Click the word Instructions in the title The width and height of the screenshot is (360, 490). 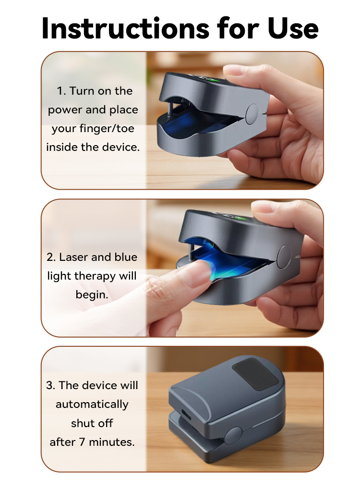coord(125,28)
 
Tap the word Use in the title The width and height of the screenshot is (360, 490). coord(293,28)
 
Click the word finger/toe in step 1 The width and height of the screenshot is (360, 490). coord(107,128)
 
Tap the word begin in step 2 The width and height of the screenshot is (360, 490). coord(92,295)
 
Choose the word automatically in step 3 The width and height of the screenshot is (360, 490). coord(92,404)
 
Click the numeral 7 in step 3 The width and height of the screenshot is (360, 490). coord(82,442)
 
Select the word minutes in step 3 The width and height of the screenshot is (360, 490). coord(112,442)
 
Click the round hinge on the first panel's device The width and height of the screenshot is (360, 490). coord(252,114)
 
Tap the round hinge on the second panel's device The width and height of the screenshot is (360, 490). coord(285,257)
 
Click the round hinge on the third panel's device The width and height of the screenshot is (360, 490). coord(233,436)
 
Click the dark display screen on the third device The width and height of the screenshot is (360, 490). coord(255,374)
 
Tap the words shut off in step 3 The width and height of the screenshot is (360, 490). coord(92,423)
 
